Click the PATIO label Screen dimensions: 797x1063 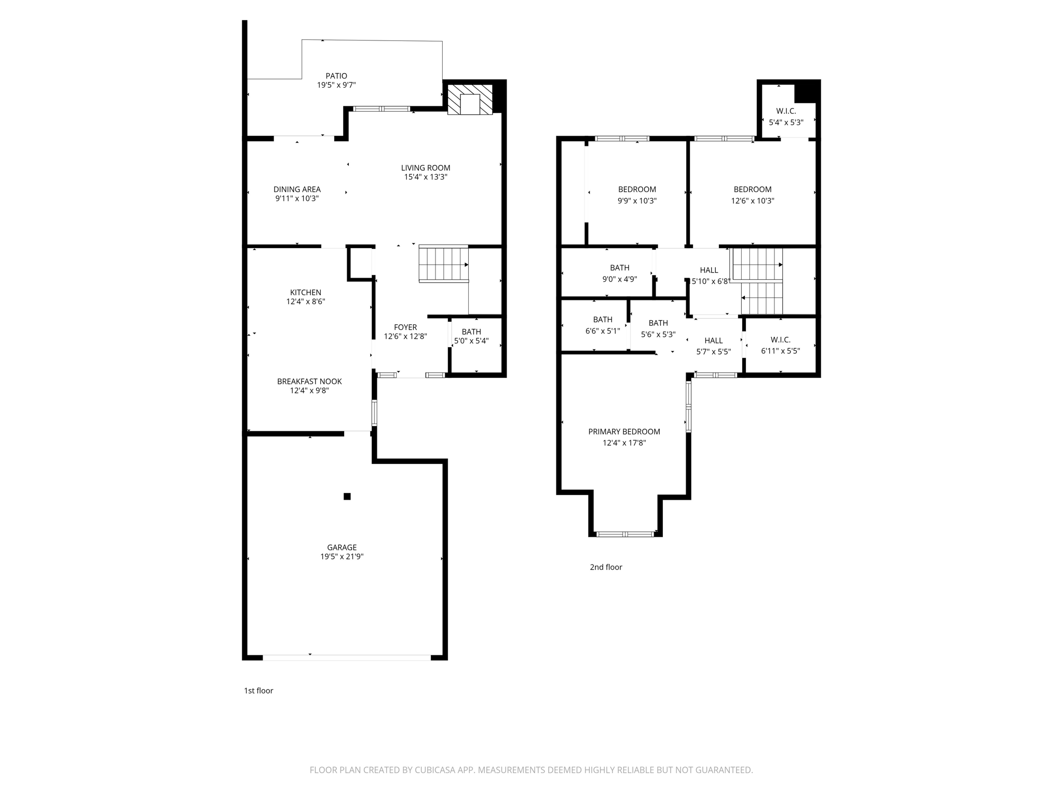tap(336, 76)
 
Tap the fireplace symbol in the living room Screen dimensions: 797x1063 tap(470, 100)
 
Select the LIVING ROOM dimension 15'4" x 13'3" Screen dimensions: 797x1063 tap(426, 177)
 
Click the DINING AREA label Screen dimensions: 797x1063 tap(297, 189)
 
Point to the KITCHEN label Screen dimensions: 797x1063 tap(305, 293)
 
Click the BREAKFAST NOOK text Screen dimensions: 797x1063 tap(309, 381)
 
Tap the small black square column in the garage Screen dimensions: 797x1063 tap(347, 497)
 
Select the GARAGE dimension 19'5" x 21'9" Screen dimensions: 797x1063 tap(342, 557)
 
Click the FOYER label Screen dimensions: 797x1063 tap(405, 327)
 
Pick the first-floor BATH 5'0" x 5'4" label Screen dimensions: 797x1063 tap(471, 332)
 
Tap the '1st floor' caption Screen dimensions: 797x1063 tap(258, 691)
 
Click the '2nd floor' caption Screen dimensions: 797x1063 tap(606, 567)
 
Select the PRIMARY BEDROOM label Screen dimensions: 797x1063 tap(624, 432)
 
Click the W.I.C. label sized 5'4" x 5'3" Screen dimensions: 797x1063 tap(786, 111)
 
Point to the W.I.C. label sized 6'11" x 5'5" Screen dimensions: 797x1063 tap(780, 340)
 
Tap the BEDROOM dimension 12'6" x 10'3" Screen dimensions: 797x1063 tap(753, 201)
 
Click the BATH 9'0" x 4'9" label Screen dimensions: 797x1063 tap(619, 268)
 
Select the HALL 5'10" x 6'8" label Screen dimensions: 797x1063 tap(709, 270)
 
